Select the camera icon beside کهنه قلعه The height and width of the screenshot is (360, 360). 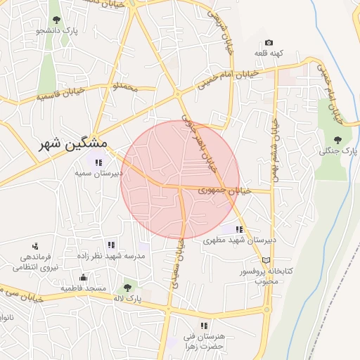268,43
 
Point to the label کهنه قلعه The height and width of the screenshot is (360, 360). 268,53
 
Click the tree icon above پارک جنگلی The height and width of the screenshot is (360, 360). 338,139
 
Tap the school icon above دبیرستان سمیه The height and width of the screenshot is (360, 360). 98,162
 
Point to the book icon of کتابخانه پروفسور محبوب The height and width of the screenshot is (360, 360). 266,260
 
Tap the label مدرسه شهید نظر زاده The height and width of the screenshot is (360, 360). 112,256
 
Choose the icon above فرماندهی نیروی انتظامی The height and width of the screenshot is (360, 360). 35,246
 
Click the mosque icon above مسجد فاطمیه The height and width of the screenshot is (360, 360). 83,277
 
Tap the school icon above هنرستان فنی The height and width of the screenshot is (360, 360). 204,326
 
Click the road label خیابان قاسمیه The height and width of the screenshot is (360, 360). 63,94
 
